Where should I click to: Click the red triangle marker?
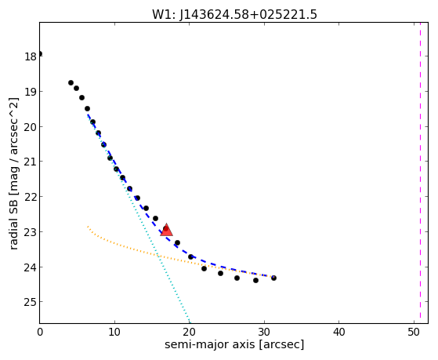[x=166, y=230]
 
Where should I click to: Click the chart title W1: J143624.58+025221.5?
[x=234, y=15]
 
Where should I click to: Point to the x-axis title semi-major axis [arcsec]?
[x=234, y=344]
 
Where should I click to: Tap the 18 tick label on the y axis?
[x=31, y=56]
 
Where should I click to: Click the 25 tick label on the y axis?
[x=31, y=302]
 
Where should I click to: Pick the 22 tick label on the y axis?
[x=31, y=197]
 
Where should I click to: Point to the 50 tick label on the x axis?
[x=414, y=333]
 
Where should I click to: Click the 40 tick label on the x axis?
[x=338, y=333]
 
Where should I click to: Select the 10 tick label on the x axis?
[x=114, y=333]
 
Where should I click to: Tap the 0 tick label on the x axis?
[x=40, y=333]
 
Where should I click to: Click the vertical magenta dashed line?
[x=420, y=173]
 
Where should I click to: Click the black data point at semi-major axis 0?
[x=40, y=53]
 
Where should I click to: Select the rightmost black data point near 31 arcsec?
[x=273, y=278]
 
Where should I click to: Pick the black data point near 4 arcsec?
[x=71, y=83]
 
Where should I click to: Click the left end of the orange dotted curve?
[x=88, y=226]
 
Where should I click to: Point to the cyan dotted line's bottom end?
[x=190, y=322]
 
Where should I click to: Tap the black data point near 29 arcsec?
[x=256, y=280]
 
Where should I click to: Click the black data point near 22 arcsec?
[x=204, y=268]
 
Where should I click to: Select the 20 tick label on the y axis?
[x=31, y=127]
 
